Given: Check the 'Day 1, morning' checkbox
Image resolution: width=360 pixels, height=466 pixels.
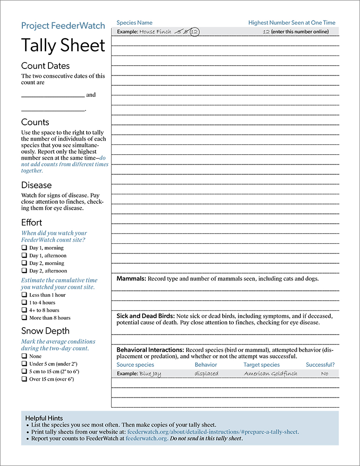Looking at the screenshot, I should tap(24, 248).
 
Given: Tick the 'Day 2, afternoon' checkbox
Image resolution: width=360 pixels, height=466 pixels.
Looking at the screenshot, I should tap(24, 270).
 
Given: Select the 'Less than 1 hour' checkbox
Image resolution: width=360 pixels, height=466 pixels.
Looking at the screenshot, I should tap(24, 295).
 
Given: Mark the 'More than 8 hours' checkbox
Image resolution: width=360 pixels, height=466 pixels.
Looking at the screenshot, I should tap(24, 317).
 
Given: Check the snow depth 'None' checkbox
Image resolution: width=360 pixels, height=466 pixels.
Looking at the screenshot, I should tap(24, 356).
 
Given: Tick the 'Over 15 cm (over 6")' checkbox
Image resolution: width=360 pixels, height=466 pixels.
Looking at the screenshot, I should tap(24, 379).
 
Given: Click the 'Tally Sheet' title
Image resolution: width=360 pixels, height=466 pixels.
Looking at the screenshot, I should tap(63, 46).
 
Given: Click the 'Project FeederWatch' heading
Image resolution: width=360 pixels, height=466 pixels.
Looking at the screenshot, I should tap(63, 26).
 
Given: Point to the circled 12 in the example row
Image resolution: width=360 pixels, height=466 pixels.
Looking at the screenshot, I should tap(194, 32).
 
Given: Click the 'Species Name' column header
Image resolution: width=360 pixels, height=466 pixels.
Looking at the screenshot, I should tap(134, 22).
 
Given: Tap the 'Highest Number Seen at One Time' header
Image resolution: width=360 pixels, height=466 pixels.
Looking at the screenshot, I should tap(292, 22).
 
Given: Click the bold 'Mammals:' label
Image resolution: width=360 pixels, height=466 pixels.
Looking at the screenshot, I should tap(131, 279).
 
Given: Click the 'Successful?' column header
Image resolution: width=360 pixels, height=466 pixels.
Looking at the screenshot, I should tap(320, 365).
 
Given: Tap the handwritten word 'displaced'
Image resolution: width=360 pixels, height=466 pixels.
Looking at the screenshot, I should tap(206, 374).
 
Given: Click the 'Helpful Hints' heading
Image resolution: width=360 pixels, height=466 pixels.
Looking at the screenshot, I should tap(44, 418).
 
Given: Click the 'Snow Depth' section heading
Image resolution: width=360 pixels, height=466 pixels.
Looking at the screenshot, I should tap(45, 331).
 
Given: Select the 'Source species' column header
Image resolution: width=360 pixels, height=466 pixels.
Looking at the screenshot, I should tap(135, 365).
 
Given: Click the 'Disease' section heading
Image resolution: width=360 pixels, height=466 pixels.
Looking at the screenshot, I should tap(36, 185).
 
